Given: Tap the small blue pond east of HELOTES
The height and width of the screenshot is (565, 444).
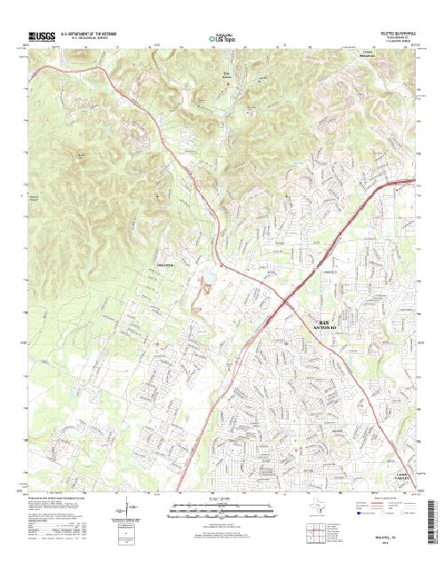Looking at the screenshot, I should tap(205, 286).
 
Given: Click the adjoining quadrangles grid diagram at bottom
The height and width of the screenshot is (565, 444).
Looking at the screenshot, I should tap(311, 534).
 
